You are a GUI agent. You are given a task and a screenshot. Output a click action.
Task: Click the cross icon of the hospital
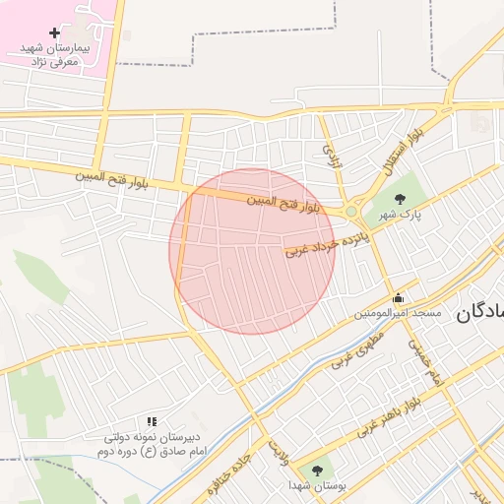54,33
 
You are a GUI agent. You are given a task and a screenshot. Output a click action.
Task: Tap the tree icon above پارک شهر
398,199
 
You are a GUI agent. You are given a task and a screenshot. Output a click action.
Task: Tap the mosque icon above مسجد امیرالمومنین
397,298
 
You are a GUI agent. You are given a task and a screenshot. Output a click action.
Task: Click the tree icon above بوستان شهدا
316,471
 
